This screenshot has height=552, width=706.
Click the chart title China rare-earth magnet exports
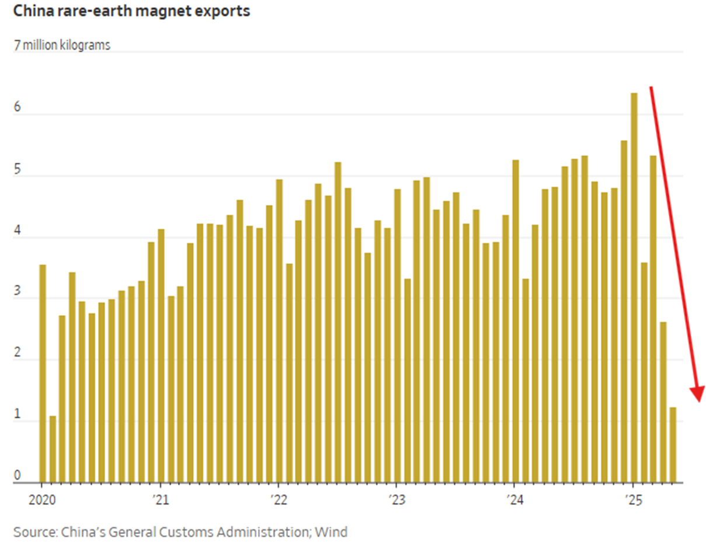tap(131, 11)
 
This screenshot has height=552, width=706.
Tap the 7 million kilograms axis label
tap(62, 45)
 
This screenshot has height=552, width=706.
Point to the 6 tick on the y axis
tap(18, 108)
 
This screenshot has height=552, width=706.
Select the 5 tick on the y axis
tap(18, 170)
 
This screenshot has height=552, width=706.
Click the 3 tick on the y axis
tap(18, 294)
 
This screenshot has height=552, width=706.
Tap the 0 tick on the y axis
tap(18, 476)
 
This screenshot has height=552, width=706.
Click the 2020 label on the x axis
tap(41, 500)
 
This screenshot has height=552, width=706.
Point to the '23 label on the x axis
tap(397, 500)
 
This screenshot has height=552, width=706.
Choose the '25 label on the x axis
tap(633, 500)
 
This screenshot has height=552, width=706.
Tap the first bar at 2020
tap(42, 373)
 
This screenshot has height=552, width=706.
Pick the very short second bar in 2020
tap(52, 449)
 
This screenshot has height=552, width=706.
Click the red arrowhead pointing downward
tap(697, 394)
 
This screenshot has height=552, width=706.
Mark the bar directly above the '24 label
tap(516, 321)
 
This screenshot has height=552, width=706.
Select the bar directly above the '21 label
tap(161, 356)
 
